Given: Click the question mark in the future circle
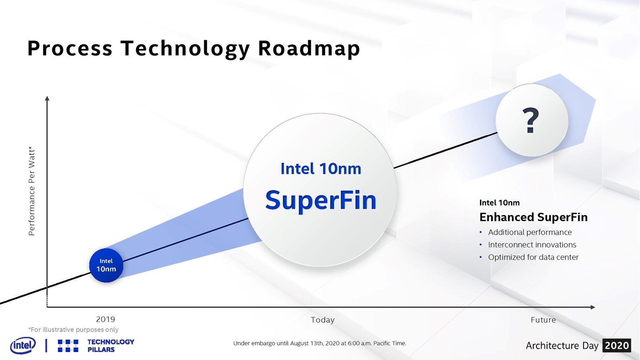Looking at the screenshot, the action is pyautogui.click(x=530, y=120).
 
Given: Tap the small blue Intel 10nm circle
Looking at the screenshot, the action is pyautogui.click(x=106, y=266).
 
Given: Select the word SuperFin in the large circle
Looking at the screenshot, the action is pyautogui.click(x=321, y=200).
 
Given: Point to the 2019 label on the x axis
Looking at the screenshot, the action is pyautogui.click(x=106, y=319).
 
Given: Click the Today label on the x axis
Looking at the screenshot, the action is pyautogui.click(x=322, y=320).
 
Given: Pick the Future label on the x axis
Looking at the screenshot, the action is pyautogui.click(x=543, y=320).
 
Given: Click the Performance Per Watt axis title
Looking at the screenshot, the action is pyautogui.click(x=32, y=191).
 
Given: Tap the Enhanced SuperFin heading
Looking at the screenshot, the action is pyautogui.click(x=534, y=217).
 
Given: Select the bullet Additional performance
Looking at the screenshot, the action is pyautogui.click(x=530, y=232).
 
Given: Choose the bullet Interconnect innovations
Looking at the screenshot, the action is pyautogui.click(x=532, y=245).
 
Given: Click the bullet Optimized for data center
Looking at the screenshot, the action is pyautogui.click(x=533, y=257).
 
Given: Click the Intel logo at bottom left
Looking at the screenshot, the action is pyautogui.click(x=23, y=345).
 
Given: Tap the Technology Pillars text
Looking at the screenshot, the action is pyautogui.click(x=110, y=346).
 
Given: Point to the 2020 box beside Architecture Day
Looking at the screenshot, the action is pyautogui.click(x=617, y=346).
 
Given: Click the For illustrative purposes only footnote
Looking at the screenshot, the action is pyautogui.click(x=73, y=330).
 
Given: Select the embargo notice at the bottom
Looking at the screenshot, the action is pyautogui.click(x=320, y=344).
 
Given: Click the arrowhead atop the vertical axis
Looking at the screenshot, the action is pyautogui.click(x=47, y=98).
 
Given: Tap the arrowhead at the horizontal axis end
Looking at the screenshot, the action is pyautogui.click(x=592, y=307).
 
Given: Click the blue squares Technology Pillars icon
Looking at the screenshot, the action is pyautogui.click(x=68, y=346).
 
